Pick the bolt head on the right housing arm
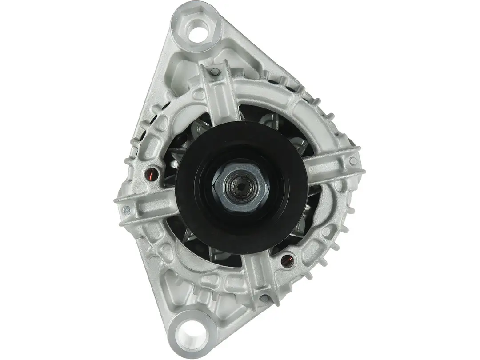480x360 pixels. coord(353,161)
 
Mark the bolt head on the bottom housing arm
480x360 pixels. coord(265,297)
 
